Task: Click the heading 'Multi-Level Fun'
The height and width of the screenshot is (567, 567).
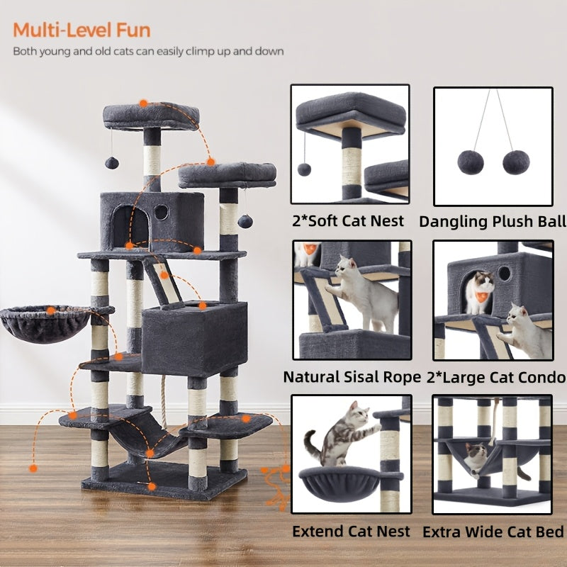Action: (x=82, y=30)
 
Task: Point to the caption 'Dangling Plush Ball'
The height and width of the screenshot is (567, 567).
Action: (x=493, y=222)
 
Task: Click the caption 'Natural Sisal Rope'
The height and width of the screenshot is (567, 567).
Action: (x=352, y=377)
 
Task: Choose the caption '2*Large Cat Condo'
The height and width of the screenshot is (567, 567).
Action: (x=496, y=377)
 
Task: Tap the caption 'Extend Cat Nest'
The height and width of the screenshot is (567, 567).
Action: (x=351, y=531)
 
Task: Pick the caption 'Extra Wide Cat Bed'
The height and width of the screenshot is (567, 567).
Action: (x=493, y=532)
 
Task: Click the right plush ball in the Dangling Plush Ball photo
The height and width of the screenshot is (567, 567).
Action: (x=515, y=162)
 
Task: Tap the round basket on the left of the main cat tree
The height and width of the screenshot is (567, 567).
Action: (x=45, y=325)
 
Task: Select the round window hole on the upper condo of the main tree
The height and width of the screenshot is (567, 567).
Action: (x=161, y=211)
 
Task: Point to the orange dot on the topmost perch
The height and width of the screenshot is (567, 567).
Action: (x=143, y=103)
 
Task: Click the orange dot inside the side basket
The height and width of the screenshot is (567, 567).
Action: (x=51, y=310)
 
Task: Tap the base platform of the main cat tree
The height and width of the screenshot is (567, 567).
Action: (x=163, y=482)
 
